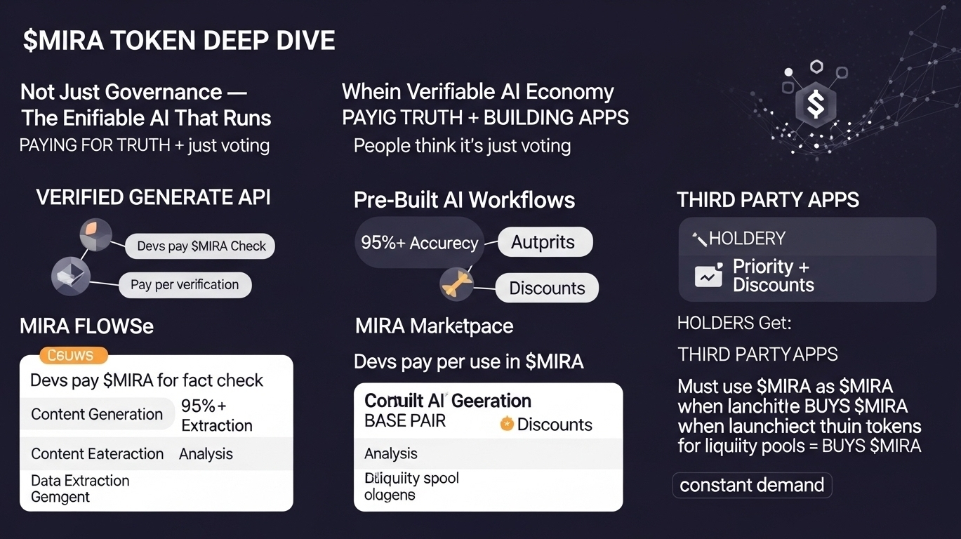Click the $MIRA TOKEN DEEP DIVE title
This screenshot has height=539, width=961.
tap(179, 41)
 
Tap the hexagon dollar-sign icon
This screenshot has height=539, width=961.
tap(815, 105)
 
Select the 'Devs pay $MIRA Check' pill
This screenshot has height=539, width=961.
tap(201, 246)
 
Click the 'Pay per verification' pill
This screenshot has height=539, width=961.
tap(185, 284)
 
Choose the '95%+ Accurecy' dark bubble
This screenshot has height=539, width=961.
tap(419, 243)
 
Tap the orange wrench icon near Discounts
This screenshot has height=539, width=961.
tap(453, 284)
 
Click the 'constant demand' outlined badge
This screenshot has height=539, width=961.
tap(752, 485)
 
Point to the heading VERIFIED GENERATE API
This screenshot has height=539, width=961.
tap(153, 198)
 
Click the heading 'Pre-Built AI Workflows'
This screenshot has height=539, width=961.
tap(464, 200)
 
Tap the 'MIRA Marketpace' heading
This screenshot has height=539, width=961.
tap(434, 326)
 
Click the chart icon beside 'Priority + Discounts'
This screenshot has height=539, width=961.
tap(708, 276)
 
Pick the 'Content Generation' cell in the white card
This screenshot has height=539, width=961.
tap(97, 414)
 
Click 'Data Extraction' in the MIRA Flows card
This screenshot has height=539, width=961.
tap(80, 481)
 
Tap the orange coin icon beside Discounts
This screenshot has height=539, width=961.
tap(507, 424)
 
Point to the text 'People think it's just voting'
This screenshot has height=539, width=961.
tap(462, 146)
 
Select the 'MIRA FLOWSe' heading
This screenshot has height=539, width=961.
tap(86, 326)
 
